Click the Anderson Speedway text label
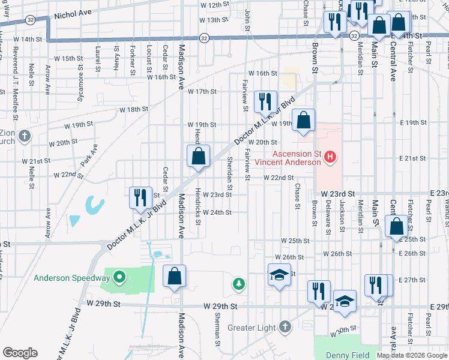coord(72,278)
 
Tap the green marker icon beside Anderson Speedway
coord(119,277)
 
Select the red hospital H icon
coord(329,158)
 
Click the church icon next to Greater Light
coord(285,328)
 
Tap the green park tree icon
coord(239,283)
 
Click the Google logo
coord(20,353)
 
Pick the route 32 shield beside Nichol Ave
coord(30,20)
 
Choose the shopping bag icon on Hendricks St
coord(198,157)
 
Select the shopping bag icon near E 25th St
coord(396,227)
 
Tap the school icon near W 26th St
coord(279,275)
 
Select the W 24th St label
coord(217,212)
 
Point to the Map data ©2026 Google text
coord(412,355)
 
